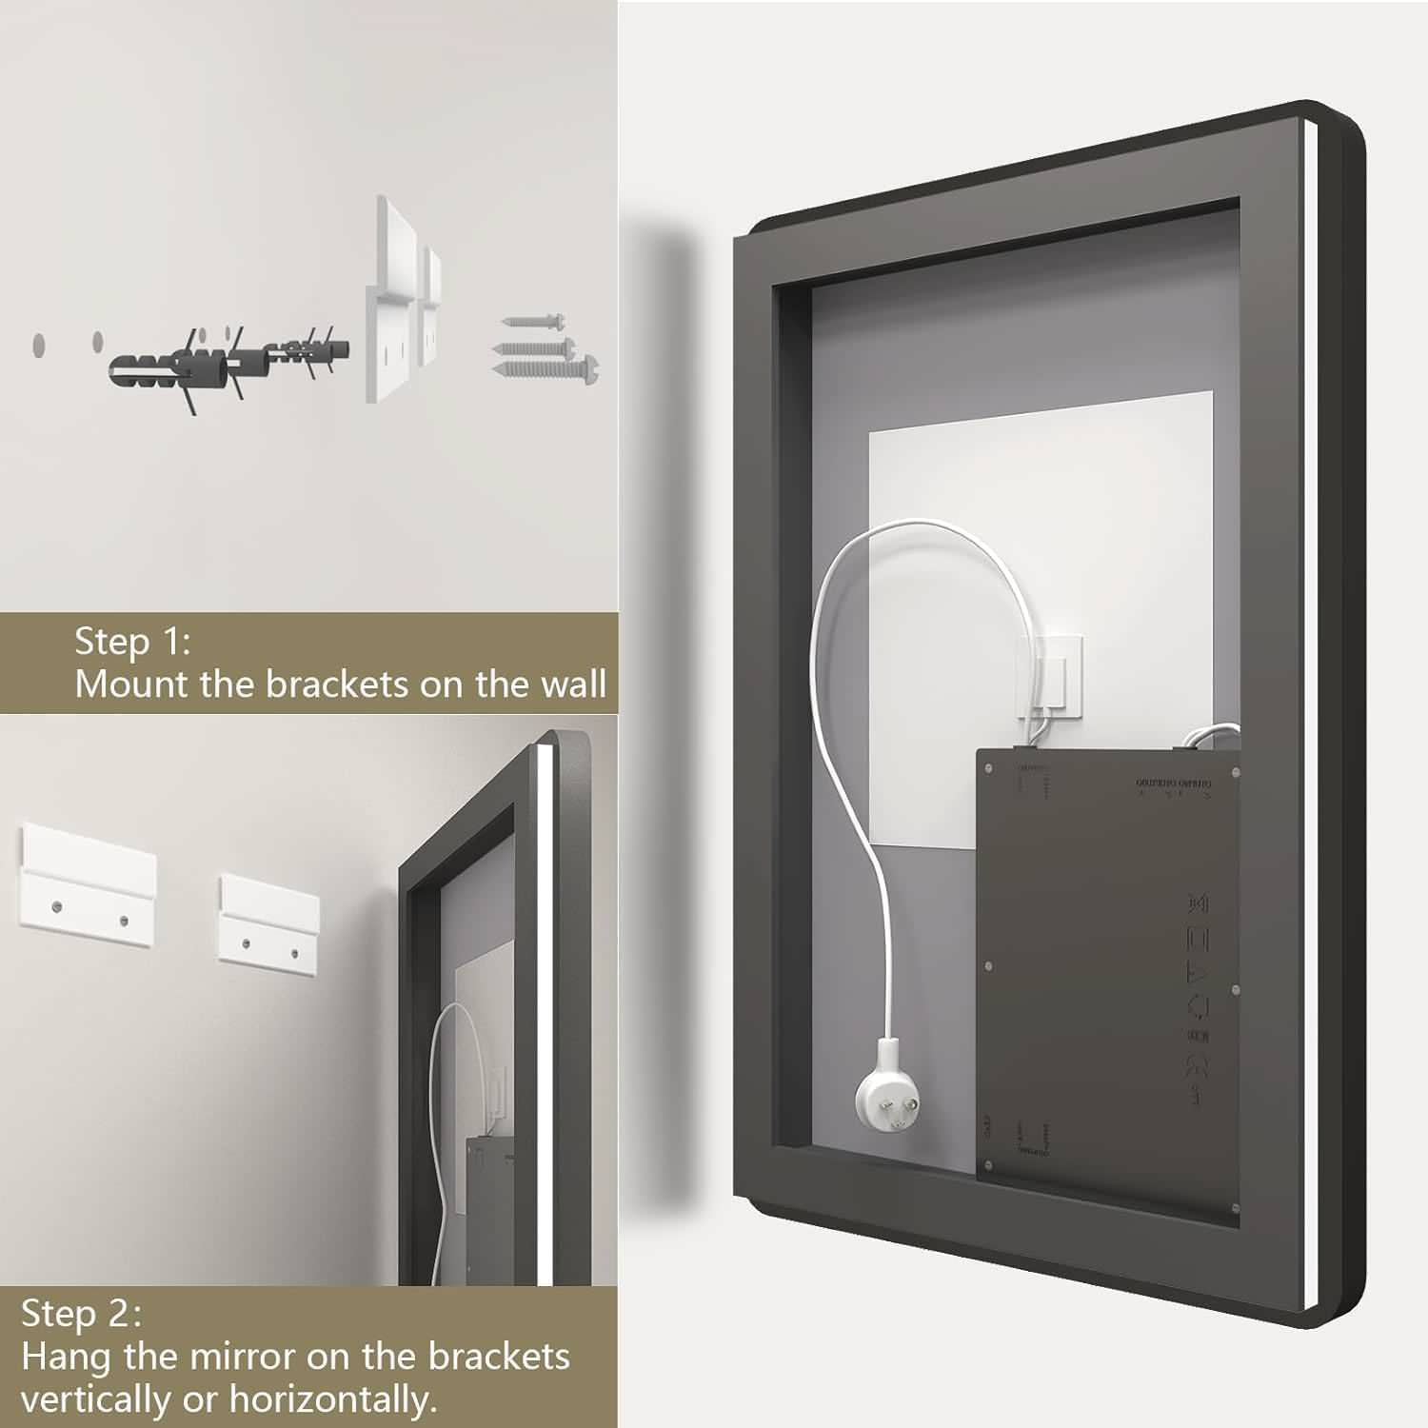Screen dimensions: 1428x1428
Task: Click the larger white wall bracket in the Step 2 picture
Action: tap(87, 877)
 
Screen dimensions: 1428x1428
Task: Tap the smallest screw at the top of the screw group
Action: tap(534, 324)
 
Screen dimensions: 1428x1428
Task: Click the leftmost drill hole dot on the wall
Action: tap(39, 345)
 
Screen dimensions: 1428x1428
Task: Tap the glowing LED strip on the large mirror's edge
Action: tap(1312, 714)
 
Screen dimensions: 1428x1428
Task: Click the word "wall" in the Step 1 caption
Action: tap(573, 684)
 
